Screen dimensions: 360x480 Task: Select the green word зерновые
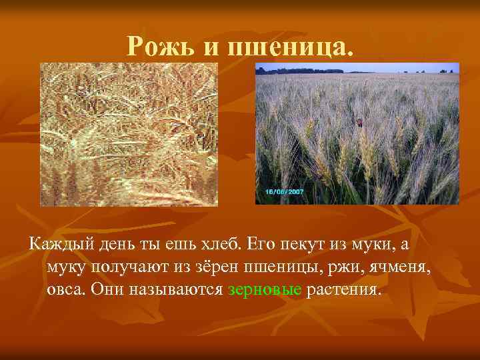pos(265,291)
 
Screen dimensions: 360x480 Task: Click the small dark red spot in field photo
pos(359,122)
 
